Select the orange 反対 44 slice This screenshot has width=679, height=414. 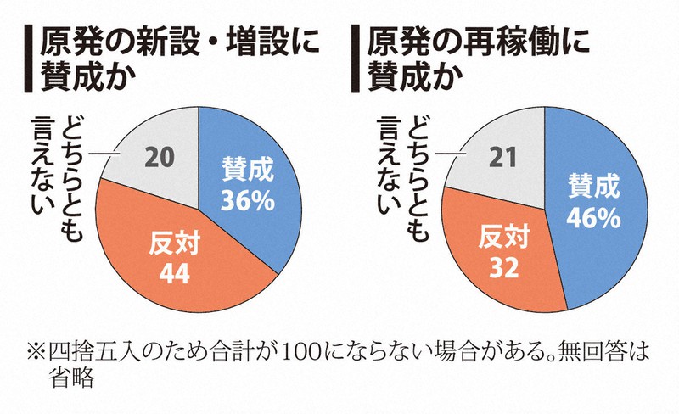(x=170, y=255)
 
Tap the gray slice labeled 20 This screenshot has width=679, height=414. (x=157, y=153)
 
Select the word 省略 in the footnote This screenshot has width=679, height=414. (x=73, y=379)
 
